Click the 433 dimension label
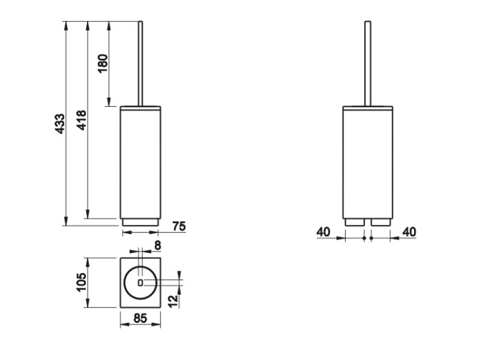click(60, 123)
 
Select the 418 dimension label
click(81, 120)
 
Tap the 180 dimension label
click(103, 63)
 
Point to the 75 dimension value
click(179, 226)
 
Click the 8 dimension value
click(157, 246)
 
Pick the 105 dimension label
click(81, 282)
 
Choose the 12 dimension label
click(173, 301)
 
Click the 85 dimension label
click(141, 318)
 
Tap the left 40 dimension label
click(324, 232)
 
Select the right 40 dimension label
click(410, 232)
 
